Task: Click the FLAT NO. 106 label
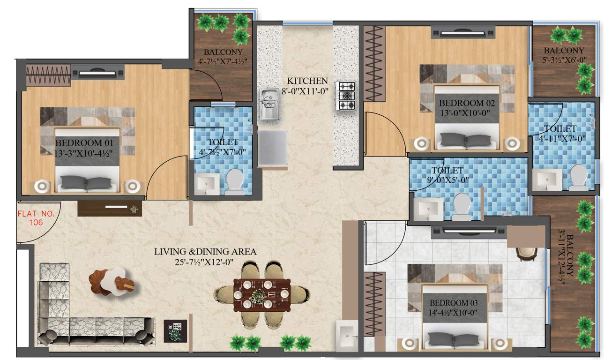36,218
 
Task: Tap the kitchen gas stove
346,96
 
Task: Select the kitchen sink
269,104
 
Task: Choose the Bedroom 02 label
466,103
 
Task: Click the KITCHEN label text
307,81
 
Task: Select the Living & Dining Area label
205,252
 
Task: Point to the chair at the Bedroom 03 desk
524,253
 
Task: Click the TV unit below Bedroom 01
110,208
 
